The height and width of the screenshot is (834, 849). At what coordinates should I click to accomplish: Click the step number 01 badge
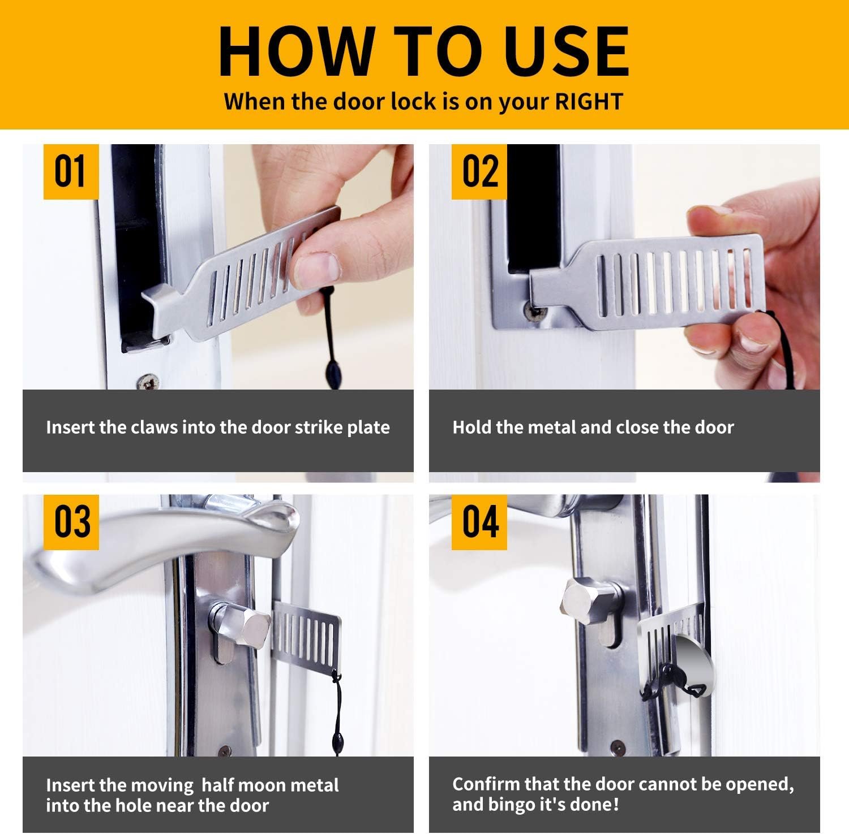71,171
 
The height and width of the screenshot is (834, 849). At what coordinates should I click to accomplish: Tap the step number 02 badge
479,171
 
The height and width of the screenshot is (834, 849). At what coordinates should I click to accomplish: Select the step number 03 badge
71,522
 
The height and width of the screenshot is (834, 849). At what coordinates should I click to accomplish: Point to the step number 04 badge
479,522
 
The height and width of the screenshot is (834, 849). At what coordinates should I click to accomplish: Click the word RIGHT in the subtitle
589,102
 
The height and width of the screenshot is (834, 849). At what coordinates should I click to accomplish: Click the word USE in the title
567,51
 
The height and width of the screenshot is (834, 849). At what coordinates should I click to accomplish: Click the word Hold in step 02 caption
472,427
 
